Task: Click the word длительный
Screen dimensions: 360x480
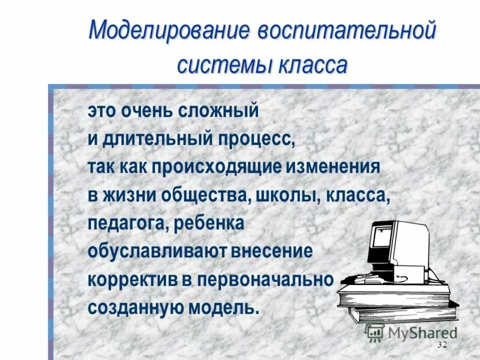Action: (157, 139)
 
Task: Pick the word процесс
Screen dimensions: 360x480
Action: (257, 139)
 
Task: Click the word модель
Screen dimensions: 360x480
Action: (230, 307)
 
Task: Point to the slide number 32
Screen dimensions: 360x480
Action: (443, 344)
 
